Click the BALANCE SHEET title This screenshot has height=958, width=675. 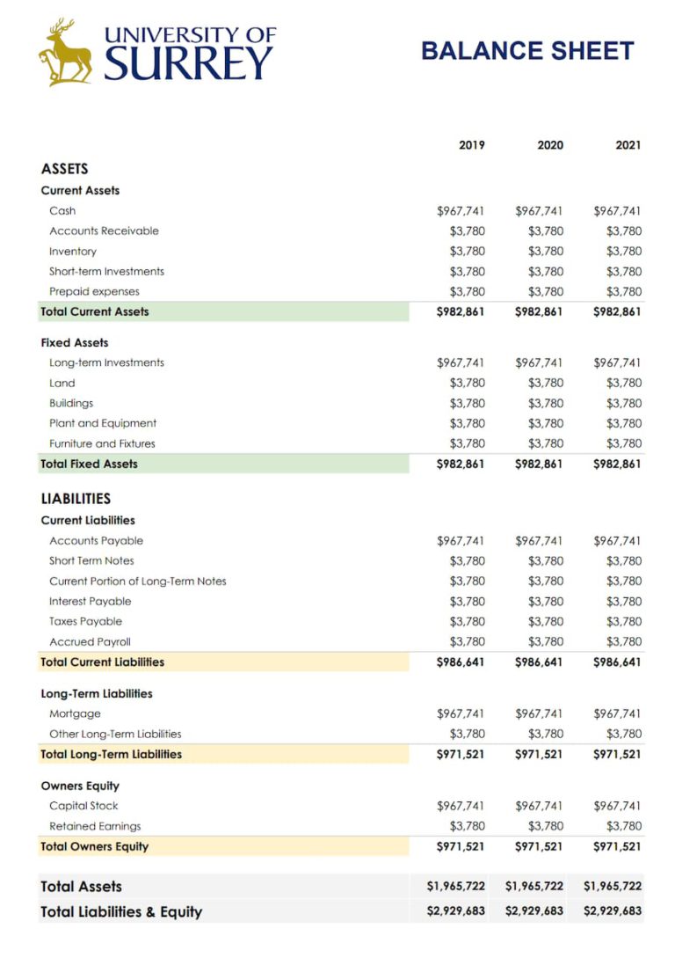coord(527,50)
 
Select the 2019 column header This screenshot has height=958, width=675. coord(472,145)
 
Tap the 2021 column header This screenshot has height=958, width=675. coord(628,145)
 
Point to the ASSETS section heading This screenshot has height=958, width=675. coord(65,169)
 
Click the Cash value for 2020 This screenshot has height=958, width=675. coord(539,211)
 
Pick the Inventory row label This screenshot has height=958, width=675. coord(73,252)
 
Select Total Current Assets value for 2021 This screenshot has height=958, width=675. coord(618,311)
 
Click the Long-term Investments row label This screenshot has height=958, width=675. coord(106,362)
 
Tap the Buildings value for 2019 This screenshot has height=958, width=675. coord(467,403)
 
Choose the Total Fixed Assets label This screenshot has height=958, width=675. coord(90,464)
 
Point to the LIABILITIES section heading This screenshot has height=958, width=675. coord(76,498)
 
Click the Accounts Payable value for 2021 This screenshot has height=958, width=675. coord(618,541)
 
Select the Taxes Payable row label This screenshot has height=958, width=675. coord(86,621)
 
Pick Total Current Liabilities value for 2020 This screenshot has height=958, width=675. coord(539,662)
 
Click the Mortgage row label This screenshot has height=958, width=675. coord(75,713)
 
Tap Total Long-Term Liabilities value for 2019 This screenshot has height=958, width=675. coord(461,754)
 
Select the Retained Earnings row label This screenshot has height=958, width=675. coord(95,826)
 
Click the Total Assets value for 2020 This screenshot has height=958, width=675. coord(534,887)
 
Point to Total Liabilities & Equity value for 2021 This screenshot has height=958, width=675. coord(613,911)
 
